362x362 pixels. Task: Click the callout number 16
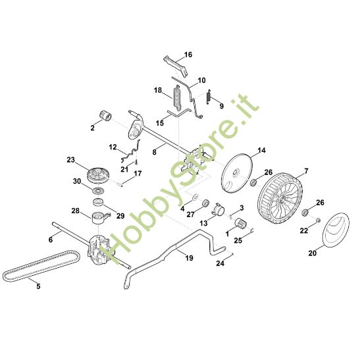coord(188,55)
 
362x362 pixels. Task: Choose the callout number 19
coord(190,259)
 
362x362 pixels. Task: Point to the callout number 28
coord(76,211)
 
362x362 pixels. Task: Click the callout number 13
coord(204,224)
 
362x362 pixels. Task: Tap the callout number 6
coord(51,241)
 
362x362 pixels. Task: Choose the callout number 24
coord(220,264)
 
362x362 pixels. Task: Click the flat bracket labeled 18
coord(176,96)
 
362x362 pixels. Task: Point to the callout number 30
coord(77,182)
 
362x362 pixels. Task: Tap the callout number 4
coord(182,209)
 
